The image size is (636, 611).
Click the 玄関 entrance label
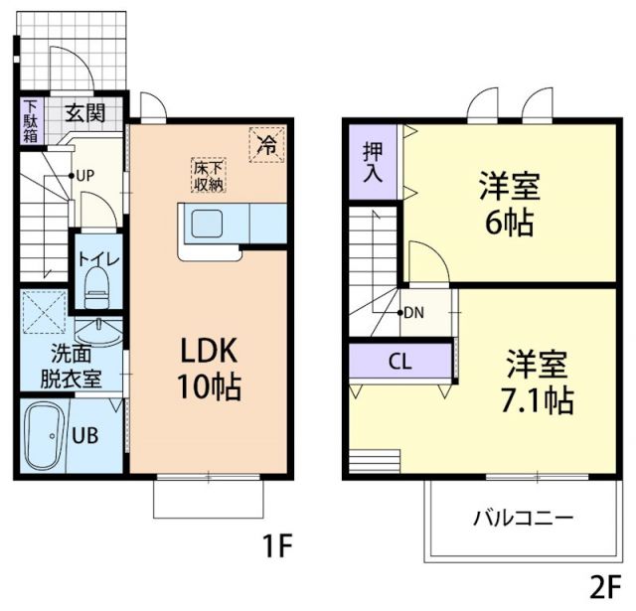pyautogui.click(x=85, y=111)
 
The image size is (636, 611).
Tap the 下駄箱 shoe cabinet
pyautogui.click(x=31, y=120)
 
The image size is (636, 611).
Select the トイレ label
pyautogui.click(x=98, y=260)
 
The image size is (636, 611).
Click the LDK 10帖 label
pyautogui.click(x=209, y=368)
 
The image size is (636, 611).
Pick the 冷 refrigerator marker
pyautogui.click(x=266, y=144)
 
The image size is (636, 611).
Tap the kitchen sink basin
pyautogui.click(x=207, y=224)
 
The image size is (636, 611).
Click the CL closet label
pyautogui.click(x=399, y=361)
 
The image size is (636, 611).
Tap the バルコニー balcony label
pyautogui.click(x=522, y=518)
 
